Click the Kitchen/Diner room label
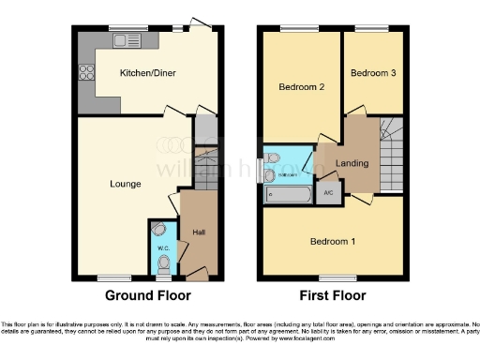[147, 73]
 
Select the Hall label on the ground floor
[198, 232]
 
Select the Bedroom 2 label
[301, 88]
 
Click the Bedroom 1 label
[333, 240]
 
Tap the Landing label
[352, 163]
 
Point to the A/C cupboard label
[328, 193]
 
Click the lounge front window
[114, 278]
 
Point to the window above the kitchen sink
[122, 27]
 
